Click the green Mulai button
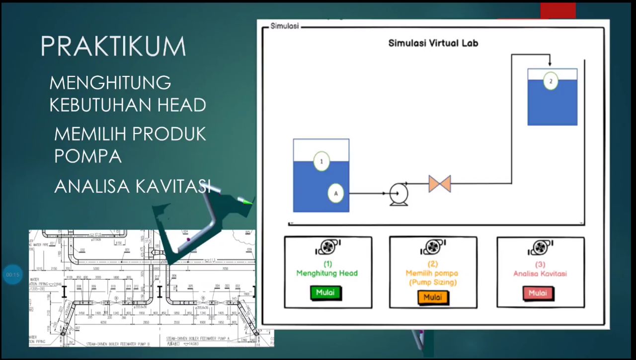[324, 293]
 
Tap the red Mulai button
[538, 293]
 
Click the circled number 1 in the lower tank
[321, 161]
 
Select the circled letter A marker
[336, 193]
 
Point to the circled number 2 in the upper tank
[551, 81]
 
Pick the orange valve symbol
[440, 183]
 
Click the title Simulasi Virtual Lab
[433, 43]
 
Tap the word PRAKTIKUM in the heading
[113, 47]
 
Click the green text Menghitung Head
[327, 273]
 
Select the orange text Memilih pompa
[432, 273]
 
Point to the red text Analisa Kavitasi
[540, 273]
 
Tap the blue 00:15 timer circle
[12, 275]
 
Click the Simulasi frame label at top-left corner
[285, 26]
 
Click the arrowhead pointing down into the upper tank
[550, 63]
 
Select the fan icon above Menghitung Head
[327, 247]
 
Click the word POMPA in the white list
[88, 156]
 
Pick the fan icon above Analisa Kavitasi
[540, 247]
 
